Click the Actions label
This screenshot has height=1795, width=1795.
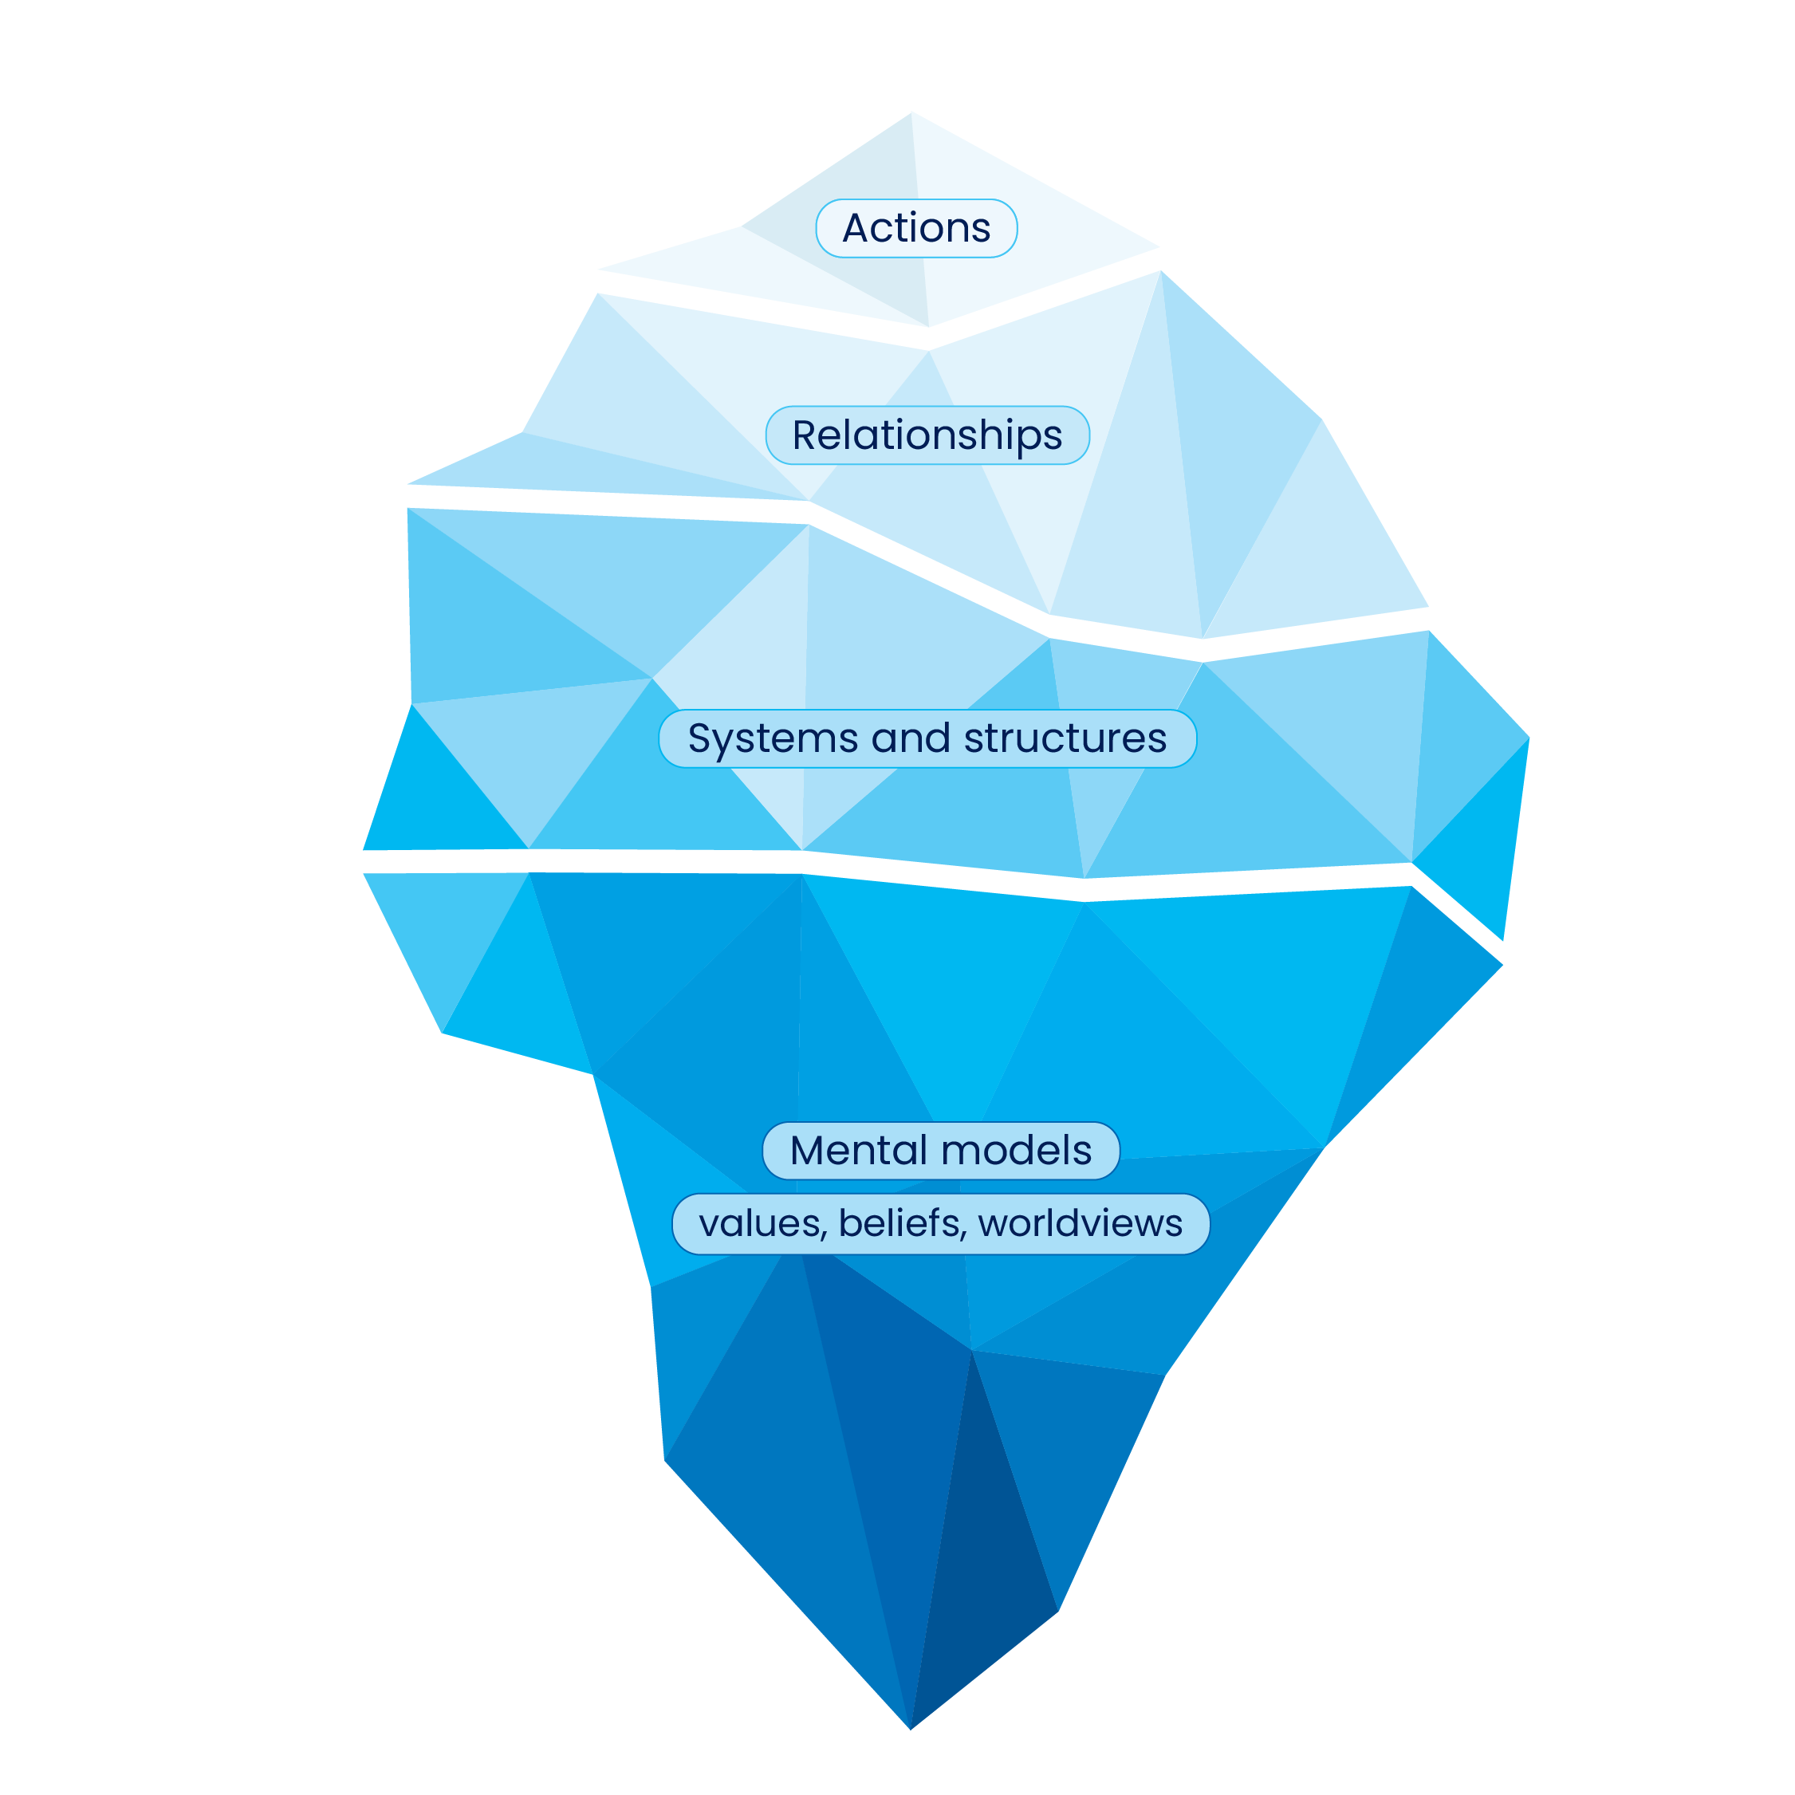click(916, 229)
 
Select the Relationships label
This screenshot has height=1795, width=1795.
click(927, 435)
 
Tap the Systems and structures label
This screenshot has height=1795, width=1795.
click(927, 738)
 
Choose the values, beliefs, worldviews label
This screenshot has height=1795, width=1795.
click(940, 1223)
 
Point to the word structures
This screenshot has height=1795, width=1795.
click(1065, 739)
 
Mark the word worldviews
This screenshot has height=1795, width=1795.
click(1080, 1222)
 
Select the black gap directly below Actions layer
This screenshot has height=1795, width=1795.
click(929, 338)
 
